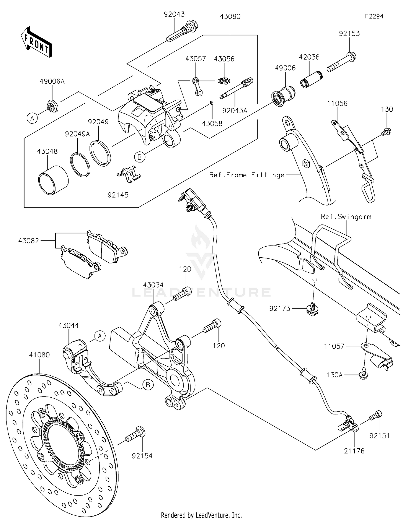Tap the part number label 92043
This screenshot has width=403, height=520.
pos(174,14)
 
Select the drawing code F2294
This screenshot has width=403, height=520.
pos(374,16)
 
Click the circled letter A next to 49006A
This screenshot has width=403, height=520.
pos(33,118)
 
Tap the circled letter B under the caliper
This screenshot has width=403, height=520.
pos(139,157)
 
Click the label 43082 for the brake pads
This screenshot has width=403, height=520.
pos(28,241)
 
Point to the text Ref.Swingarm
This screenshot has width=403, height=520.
pos(346,217)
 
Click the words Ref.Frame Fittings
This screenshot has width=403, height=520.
pos(247,175)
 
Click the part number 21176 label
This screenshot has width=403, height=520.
pos(354,451)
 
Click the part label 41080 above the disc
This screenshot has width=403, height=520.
pos(39,355)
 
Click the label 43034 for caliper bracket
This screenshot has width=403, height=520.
pos(153,285)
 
